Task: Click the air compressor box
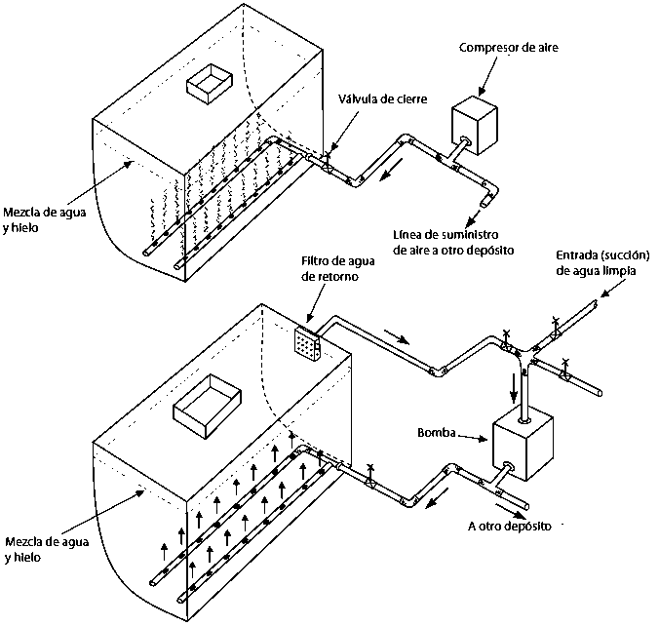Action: [x=474, y=126]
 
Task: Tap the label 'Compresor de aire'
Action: [x=509, y=48]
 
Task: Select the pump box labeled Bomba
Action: [x=523, y=448]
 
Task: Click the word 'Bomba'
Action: [x=437, y=432]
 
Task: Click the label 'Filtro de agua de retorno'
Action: [x=338, y=269]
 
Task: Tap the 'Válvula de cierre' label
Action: [x=383, y=99]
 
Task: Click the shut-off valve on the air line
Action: [x=327, y=164]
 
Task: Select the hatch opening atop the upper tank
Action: [x=210, y=84]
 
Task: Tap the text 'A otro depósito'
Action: [x=510, y=526]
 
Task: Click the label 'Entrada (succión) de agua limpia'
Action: [x=602, y=263]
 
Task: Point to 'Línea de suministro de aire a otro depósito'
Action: [x=453, y=243]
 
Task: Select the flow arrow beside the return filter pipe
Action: [x=397, y=335]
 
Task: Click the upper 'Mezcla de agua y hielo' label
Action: [x=44, y=219]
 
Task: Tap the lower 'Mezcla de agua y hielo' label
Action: [x=47, y=550]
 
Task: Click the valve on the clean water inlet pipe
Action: [x=556, y=329]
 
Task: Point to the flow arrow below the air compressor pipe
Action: [x=391, y=170]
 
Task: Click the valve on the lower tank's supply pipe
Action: [x=370, y=477]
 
